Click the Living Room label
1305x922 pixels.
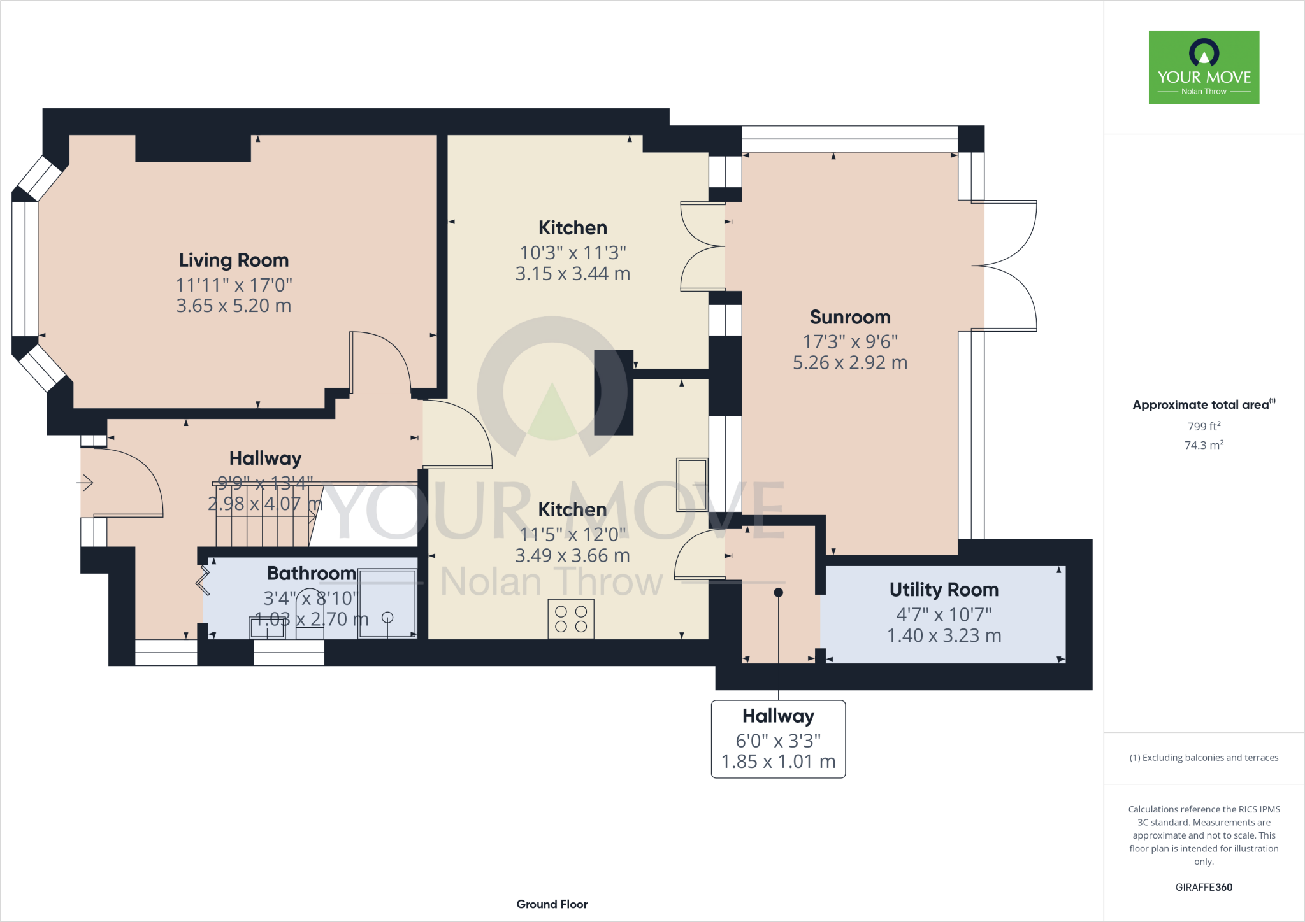coord(233,260)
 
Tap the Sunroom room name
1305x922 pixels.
coord(849,317)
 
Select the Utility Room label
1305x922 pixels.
coord(944,590)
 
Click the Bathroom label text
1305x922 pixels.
coord(311,573)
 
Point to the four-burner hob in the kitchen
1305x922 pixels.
coord(571,619)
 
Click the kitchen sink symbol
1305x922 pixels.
coord(692,485)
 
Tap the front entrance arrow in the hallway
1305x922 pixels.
coord(85,483)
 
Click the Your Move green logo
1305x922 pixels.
coord(1204,67)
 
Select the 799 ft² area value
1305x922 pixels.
coord(1203,427)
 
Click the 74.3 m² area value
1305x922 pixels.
coord(1203,445)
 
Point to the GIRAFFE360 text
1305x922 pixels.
coord(1203,887)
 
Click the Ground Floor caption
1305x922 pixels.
coord(552,904)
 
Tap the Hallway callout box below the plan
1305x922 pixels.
coord(778,739)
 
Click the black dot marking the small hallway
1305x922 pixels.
coord(778,592)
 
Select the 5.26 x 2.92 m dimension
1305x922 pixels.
coord(849,363)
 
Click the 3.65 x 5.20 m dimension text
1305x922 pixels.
coord(233,306)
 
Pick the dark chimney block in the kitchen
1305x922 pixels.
coord(613,392)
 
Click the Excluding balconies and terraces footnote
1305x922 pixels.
coord(1203,758)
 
